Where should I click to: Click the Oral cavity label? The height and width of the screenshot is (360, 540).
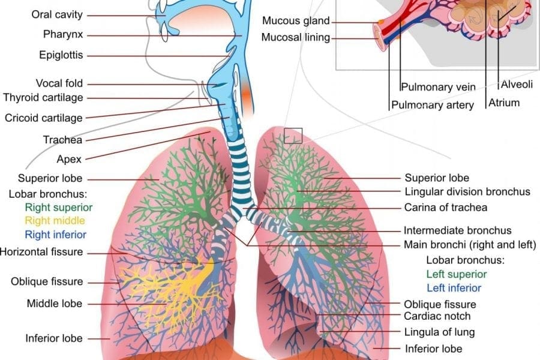(x=57, y=14)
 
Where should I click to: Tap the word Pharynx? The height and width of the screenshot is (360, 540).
(x=63, y=34)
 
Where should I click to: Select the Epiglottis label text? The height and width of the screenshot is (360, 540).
(x=61, y=55)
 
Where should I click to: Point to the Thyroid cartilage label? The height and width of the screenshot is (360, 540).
(x=43, y=97)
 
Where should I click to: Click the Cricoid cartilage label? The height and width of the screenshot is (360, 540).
(x=44, y=118)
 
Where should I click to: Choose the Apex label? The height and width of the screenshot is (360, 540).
(x=69, y=159)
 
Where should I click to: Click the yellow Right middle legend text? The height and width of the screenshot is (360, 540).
(x=55, y=220)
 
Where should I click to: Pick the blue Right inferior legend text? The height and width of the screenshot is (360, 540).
(x=55, y=235)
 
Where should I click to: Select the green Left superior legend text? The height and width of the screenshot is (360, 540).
(x=457, y=274)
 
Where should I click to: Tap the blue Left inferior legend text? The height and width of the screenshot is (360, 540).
(x=454, y=288)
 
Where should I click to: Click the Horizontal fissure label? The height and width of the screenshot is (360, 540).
(x=41, y=252)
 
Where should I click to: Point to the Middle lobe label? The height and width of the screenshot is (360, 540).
(x=55, y=304)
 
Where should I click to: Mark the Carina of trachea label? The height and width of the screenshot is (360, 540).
(x=446, y=208)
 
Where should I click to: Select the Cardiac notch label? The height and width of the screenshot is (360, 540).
(x=437, y=316)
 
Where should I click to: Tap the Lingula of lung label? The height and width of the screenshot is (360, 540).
(x=439, y=332)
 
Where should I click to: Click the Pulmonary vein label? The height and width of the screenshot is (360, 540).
(x=439, y=87)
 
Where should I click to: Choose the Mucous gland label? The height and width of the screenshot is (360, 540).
(x=296, y=20)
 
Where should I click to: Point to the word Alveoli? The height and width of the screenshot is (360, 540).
(x=517, y=84)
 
